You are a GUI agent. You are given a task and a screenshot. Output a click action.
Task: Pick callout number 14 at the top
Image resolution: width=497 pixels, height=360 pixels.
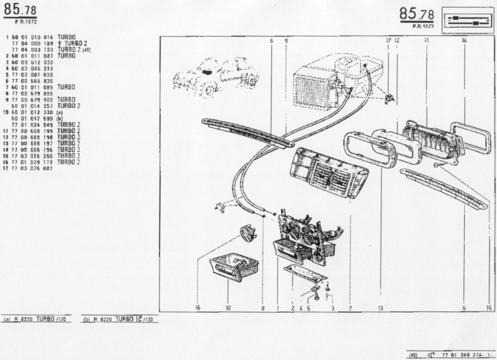point(464,40)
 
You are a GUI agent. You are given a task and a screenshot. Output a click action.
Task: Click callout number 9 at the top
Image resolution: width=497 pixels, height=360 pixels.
point(285,40)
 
